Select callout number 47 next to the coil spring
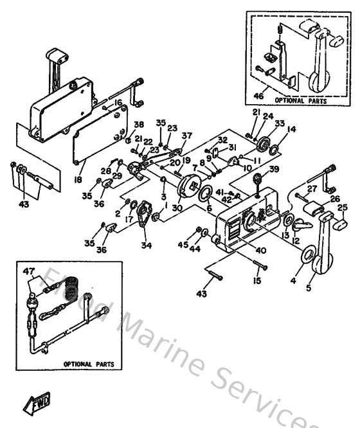(28, 272)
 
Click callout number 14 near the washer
(291, 129)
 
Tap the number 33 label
(279, 123)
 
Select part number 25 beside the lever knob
(343, 207)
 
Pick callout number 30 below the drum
(177, 208)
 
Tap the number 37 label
(187, 136)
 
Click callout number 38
(139, 125)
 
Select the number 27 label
(312, 188)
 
